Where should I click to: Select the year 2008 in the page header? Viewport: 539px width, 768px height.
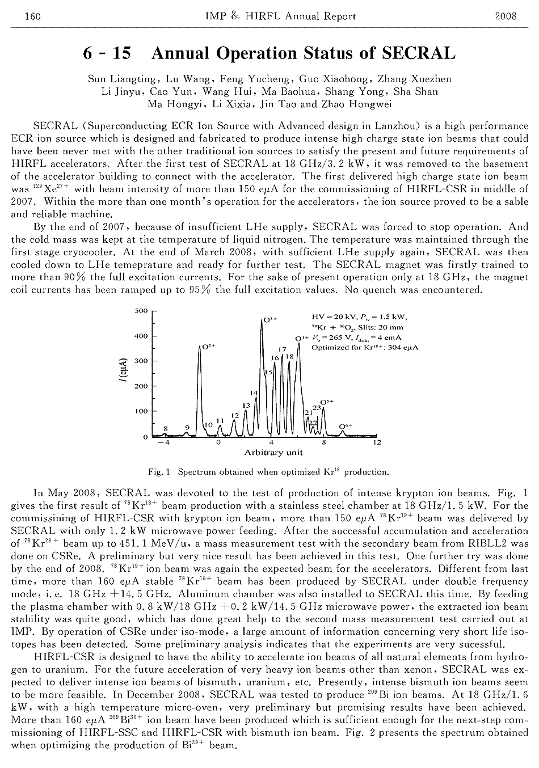506,16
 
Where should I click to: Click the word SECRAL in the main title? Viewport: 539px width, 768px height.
419,53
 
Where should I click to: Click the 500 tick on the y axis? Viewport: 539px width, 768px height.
142,311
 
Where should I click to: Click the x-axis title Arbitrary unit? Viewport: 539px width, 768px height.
273,453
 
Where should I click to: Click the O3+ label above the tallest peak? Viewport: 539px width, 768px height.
269,319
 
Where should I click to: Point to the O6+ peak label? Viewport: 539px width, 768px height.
346,426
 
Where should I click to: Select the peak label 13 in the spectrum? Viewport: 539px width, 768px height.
246,406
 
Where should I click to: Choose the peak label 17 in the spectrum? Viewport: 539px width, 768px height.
282,349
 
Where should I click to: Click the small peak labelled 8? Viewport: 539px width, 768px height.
166,428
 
